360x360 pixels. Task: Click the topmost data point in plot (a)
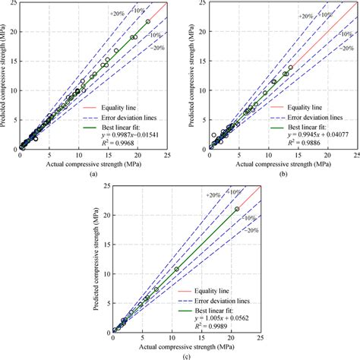pos(149,21)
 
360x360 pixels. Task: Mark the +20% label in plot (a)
pos(116,13)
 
